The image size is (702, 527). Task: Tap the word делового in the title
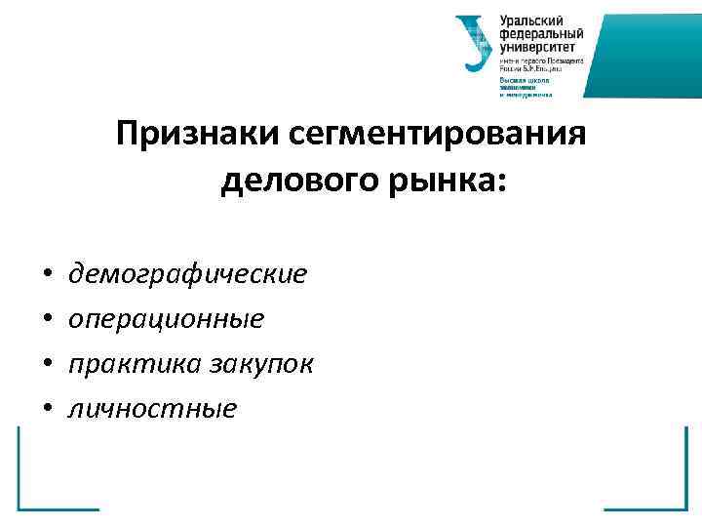(285, 182)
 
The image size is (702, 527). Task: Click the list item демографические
(187, 274)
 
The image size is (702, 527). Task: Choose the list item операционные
(166, 319)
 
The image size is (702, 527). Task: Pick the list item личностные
(152, 408)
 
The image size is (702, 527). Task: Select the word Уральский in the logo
(530, 20)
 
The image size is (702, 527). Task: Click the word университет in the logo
(537, 46)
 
